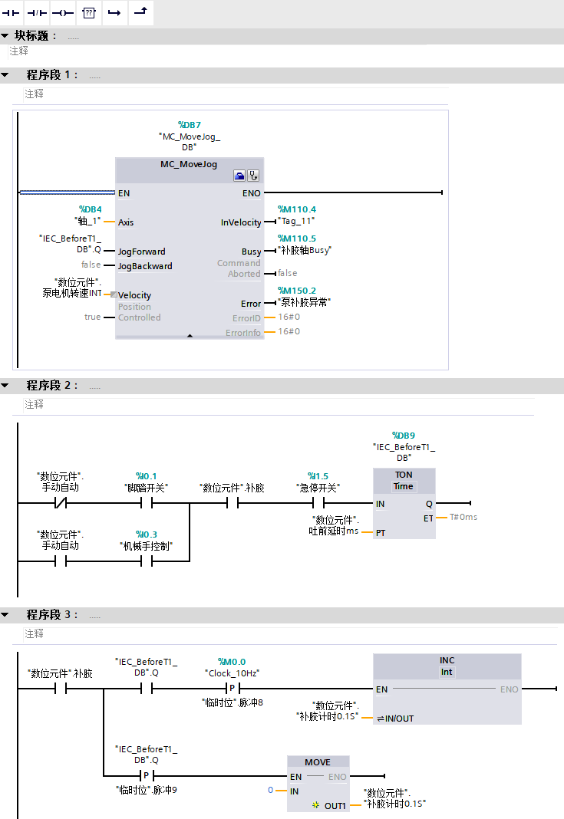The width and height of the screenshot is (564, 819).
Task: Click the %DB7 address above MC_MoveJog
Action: point(190,124)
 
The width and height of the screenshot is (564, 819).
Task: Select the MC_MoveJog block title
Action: point(189,164)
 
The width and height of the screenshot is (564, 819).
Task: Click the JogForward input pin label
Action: point(141,252)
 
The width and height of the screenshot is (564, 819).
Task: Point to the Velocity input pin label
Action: point(134,295)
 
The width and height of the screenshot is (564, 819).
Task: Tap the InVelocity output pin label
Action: point(241,222)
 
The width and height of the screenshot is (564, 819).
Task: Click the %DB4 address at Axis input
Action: point(91,209)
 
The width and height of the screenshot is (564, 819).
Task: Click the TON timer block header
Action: point(404,475)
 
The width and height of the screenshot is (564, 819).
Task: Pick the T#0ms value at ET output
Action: point(463,518)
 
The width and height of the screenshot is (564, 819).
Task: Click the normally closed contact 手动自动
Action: point(60,504)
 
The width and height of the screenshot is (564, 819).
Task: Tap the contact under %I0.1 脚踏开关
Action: point(146,504)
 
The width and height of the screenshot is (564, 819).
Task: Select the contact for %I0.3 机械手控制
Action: point(146,562)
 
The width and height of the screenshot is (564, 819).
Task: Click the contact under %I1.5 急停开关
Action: point(318,504)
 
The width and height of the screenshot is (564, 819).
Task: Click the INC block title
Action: point(447,660)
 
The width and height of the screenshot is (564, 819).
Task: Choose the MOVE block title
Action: point(318,762)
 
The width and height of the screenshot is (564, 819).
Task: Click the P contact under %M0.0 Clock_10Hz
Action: point(232,689)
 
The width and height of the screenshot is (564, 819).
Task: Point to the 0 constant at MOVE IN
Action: point(271,790)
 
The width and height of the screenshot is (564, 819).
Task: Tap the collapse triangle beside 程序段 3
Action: point(5,615)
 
